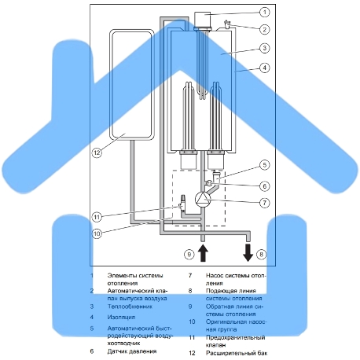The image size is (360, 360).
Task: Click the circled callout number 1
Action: [x=265, y=12]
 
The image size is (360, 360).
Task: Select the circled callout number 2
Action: [x=265, y=29]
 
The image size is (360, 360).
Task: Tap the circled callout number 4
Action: [x=265, y=68]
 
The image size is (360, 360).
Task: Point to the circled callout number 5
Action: [x=265, y=165]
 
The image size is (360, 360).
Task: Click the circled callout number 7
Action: [x=265, y=203]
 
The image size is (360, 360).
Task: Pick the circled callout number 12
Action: [x=97, y=152]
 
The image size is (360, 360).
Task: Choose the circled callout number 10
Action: [x=97, y=233]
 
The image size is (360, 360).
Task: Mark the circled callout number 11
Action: [x=97, y=217]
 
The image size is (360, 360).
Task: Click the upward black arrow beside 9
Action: [x=203, y=253]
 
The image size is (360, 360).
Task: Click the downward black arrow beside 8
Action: [x=248, y=253]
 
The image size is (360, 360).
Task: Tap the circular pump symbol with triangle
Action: [x=203, y=200]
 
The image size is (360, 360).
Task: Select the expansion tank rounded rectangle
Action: [x=131, y=84]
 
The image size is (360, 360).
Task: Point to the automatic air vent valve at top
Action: [x=226, y=24]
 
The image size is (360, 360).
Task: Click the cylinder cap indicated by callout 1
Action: [x=203, y=19]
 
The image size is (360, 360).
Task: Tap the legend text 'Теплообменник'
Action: [x=130, y=307]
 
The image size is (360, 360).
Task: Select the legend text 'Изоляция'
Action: [x=121, y=317]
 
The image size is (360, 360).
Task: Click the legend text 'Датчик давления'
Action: [x=132, y=351]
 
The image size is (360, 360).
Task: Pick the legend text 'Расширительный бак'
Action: [x=237, y=353]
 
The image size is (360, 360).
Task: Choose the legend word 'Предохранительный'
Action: [x=235, y=337]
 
